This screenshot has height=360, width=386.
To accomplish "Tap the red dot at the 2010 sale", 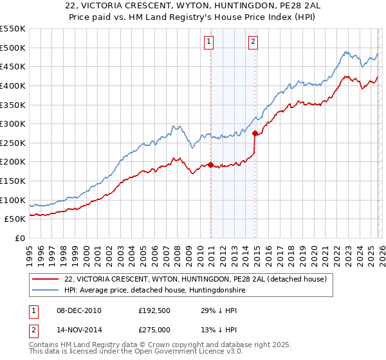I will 211,165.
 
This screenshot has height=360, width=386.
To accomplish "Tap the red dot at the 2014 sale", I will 255,134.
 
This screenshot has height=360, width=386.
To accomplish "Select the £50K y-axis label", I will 14,219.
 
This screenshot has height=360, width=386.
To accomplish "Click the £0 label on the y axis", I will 20,238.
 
